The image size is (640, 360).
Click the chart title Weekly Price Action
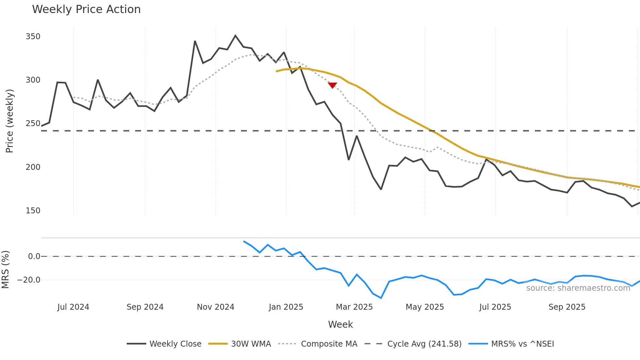tap(86, 9)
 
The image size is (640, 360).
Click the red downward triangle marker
tap(332, 85)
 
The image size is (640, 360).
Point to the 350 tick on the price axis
tap(33, 36)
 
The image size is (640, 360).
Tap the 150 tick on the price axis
tap(33, 211)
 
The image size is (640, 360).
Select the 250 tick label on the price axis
tap(33, 123)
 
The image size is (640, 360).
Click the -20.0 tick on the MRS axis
tap(29, 280)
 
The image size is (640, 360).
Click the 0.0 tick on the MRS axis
tap(34, 256)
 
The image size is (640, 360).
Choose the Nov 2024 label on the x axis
tap(216, 307)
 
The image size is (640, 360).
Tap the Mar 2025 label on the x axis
tap(354, 307)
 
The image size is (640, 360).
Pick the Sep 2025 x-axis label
tap(567, 307)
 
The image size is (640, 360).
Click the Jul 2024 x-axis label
tap(73, 307)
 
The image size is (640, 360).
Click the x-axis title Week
tap(340, 324)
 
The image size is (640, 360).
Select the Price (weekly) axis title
tap(9, 121)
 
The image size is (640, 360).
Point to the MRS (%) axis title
tap(5, 270)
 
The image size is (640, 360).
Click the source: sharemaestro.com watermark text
tap(578, 288)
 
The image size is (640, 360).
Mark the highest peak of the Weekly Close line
tap(235, 35)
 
